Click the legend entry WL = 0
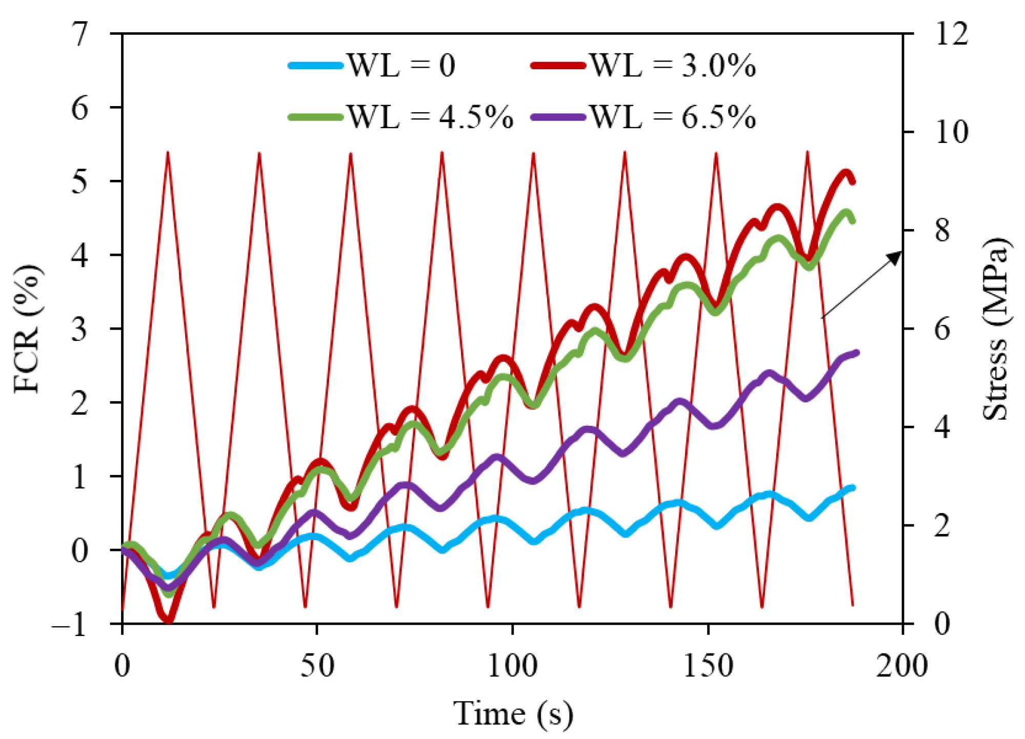point(372,66)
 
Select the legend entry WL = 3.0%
point(644,66)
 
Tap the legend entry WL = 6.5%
point(644,117)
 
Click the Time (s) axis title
point(513,713)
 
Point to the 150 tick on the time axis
point(708,666)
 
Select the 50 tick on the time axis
point(317,666)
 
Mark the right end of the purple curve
point(856,353)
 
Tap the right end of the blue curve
point(853,488)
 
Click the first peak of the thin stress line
point(168,152)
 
